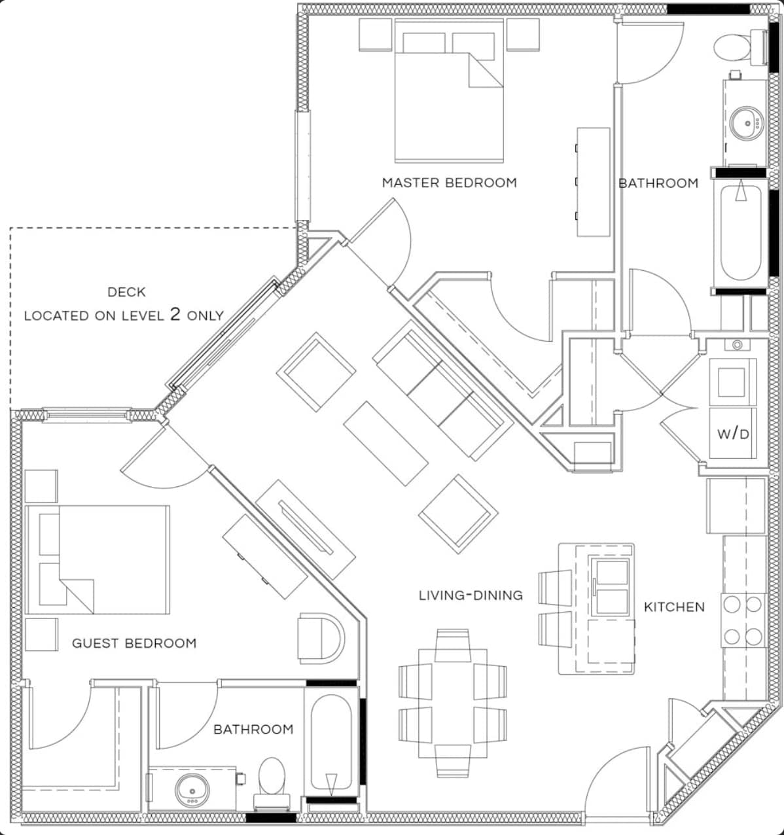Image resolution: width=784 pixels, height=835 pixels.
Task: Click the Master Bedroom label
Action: click(x=449, y=183)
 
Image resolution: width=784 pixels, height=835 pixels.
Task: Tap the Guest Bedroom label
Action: click(x=134, y=643)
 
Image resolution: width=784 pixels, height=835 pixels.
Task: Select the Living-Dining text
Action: click(x=471, y=595)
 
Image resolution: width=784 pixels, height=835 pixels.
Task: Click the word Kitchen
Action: click(x=674, y=607)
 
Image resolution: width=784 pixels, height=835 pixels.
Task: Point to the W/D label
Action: click(x=733, y=433)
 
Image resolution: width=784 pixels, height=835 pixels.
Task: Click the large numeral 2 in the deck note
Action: click(x=175, y=314)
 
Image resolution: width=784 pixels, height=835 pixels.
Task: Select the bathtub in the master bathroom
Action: click(x=741, y=232)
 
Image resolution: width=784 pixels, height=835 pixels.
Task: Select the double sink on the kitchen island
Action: click(x=610, y=587)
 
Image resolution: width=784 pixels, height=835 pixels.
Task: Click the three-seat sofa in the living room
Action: click(x=442, y=392)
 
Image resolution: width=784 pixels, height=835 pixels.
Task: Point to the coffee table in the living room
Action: click(x=386, y=443)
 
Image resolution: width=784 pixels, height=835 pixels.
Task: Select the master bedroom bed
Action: click(x=449, y=92)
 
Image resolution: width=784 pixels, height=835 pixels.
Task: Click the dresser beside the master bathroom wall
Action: click(x=593, y=181)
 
